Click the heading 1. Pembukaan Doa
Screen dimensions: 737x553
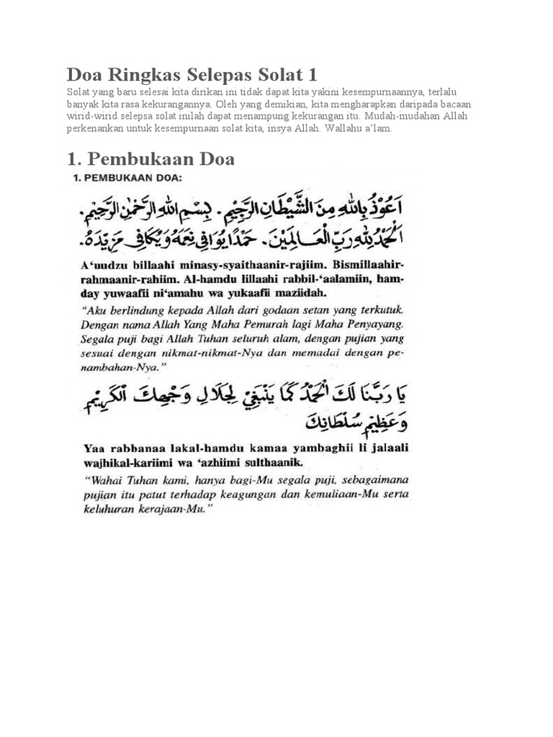pyautogui.click(x=150, y=158)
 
